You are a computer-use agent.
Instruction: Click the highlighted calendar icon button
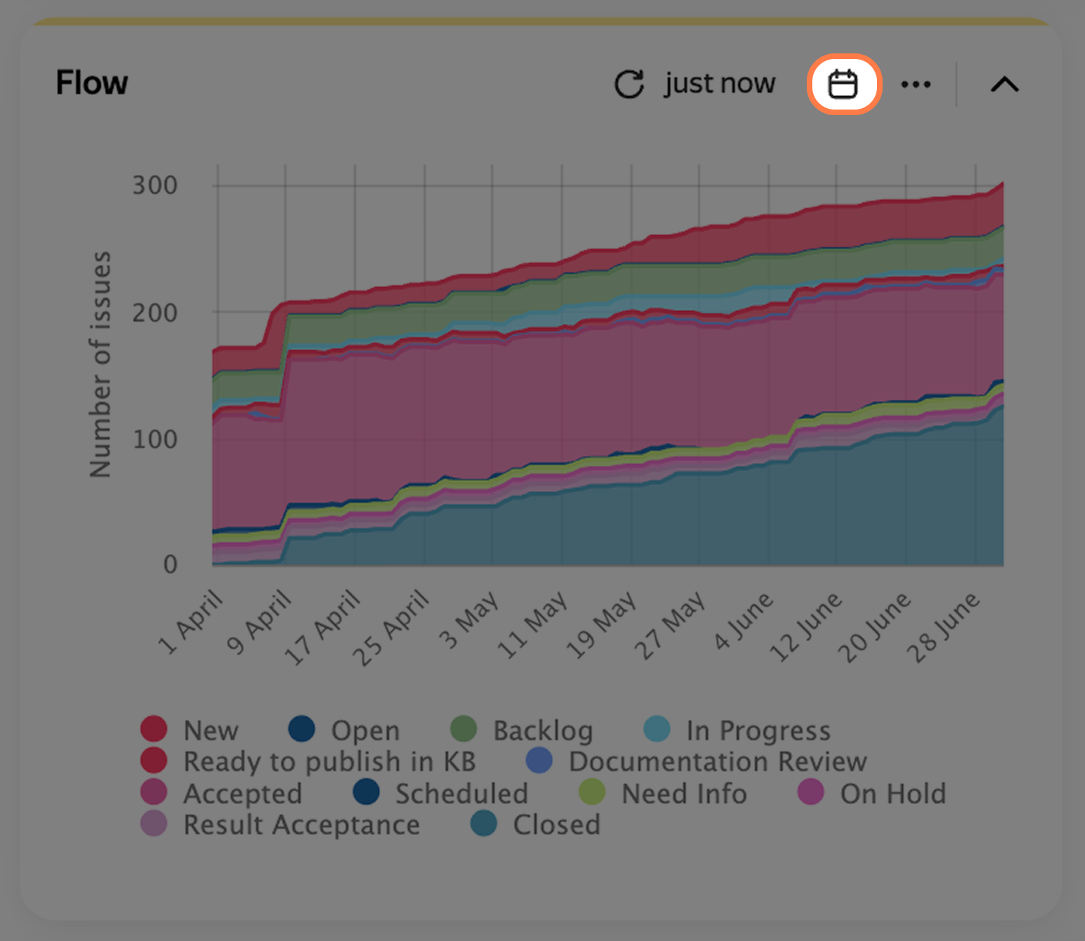click(x=844, y=84)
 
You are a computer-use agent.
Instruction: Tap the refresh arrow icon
click(x=630, y=84)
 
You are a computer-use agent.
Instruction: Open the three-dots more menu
click(x=916, y=84)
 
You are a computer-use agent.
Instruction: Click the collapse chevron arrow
click(x=1004, y=84)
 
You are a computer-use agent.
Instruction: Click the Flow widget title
click(x=92, y=83)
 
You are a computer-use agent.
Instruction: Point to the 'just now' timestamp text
click(x=720, y=83)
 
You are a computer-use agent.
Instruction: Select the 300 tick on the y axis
click(x=155, y=185)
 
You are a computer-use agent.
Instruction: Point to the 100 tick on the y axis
click(x=155, y=439)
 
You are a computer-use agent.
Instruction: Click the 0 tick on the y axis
click(x=169, y=565)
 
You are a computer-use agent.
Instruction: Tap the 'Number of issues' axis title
click(x=100, y=364)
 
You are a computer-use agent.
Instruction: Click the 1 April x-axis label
click(x=190, y=622)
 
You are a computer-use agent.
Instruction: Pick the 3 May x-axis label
click(x=469, y=620)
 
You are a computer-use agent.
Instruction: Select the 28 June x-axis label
click(x=943, y=627)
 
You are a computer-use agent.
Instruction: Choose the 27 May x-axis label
click(x=670, y=626)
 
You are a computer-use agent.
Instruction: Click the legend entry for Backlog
click(x=521, y=730)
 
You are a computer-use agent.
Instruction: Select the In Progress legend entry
click(x=737, y=730)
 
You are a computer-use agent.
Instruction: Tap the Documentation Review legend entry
click(x=696, y=761)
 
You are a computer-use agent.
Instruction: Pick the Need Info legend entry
click(x=663, y=793)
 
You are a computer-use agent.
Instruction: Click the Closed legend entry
click(x=535, y=824)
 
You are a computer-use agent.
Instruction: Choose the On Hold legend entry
click(x=872, y=793)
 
